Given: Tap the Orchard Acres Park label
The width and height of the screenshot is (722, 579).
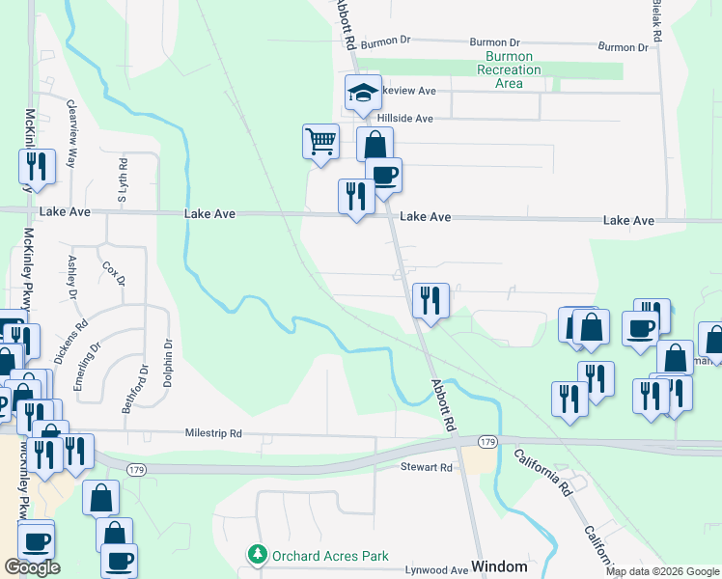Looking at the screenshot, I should coord(330,556).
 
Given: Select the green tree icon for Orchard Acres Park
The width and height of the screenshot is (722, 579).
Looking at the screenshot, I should coord(258,555).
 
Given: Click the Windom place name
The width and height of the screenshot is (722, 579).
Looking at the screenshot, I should coord(498,566).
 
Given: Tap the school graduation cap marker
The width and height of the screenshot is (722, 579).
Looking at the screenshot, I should coord(363,93).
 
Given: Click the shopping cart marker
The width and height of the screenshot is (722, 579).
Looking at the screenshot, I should coord(319,142).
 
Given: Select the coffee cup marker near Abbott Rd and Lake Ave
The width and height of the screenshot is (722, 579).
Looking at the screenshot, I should coord(383,176).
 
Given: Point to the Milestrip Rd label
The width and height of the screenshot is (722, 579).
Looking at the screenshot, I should coord(213,434).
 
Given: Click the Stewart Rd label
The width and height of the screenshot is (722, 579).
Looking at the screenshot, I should coord(427,467).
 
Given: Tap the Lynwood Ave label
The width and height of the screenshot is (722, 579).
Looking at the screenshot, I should coord(436,571).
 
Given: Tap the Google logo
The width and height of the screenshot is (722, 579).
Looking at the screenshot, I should coord(32,567).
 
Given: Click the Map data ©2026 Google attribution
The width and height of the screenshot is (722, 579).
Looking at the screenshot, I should coord(661,571).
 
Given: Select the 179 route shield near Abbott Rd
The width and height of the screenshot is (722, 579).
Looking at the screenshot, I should coord(487,442).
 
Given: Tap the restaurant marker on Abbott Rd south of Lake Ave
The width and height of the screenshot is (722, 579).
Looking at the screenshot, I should coord(430,299).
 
